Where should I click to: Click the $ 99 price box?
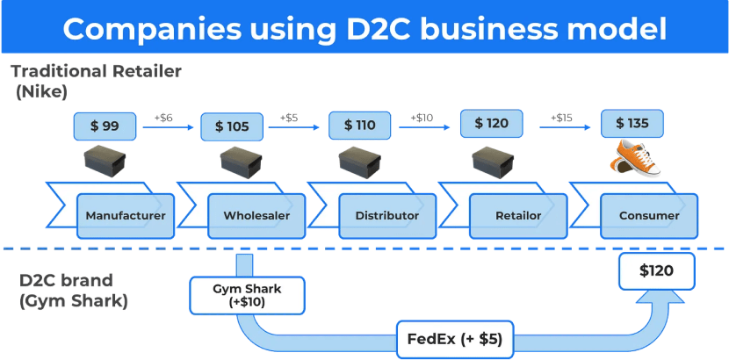click(105, 126)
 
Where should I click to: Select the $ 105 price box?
click(232, 126)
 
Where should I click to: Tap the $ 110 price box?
click(359, 125)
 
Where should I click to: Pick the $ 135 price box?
click(632, 124)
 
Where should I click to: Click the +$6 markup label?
click(163, 118)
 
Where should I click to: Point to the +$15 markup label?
click(562, 118)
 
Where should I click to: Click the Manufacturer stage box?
click(125, 215)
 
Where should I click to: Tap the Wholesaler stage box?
click(256, 215)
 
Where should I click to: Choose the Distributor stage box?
click(386, 215)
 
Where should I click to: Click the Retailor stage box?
click(517, 215)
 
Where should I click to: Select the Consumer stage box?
click(649, 215)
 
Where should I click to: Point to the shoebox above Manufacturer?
click(105, 162)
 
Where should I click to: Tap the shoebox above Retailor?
click(493, 160)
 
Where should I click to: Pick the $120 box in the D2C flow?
click(656, 270)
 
